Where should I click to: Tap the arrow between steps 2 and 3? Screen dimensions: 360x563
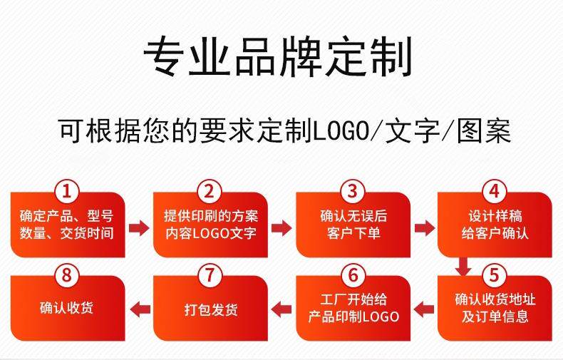click(282, 228)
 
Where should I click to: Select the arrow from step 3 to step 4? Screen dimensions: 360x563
click(425, 228)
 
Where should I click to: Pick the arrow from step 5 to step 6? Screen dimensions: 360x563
click(425, 309)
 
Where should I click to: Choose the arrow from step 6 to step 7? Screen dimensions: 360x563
click(282, 309)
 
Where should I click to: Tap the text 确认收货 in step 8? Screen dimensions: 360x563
click(67, 309)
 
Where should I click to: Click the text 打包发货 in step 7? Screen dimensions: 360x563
click(210, 310)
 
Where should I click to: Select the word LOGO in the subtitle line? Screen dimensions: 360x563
click(341, 132)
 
